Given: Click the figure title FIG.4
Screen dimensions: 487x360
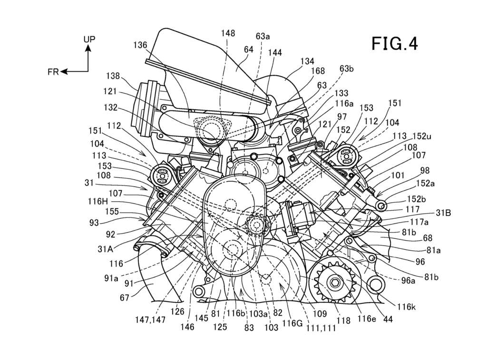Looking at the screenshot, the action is point(394,43).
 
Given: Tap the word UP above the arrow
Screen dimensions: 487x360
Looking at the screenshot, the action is point(89,39).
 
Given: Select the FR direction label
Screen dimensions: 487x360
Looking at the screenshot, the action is point(53,72).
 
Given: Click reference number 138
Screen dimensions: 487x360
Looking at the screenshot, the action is point(113,76).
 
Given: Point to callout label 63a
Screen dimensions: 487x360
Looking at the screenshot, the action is point(263,36).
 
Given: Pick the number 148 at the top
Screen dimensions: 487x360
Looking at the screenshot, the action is point(228,33).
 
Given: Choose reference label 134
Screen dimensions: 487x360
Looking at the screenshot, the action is point(307,61).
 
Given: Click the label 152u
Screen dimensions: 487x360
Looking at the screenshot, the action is point(422,136).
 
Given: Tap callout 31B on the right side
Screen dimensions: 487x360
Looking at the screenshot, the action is point(443,213).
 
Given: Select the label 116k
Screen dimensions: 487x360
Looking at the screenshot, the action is point(406,307).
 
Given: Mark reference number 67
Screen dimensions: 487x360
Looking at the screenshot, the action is point(124,298).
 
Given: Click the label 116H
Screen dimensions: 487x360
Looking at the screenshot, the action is point(97,202).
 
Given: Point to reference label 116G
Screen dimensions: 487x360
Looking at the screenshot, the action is point(292,323).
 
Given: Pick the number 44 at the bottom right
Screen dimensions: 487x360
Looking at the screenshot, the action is point(388,319).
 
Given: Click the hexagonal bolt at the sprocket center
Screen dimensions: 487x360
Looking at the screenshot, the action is point(335,282).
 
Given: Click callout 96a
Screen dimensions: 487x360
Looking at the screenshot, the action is point(409,281).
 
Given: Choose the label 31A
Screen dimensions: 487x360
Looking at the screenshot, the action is point(106,249).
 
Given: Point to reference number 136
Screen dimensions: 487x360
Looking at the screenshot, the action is point(140,45).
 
